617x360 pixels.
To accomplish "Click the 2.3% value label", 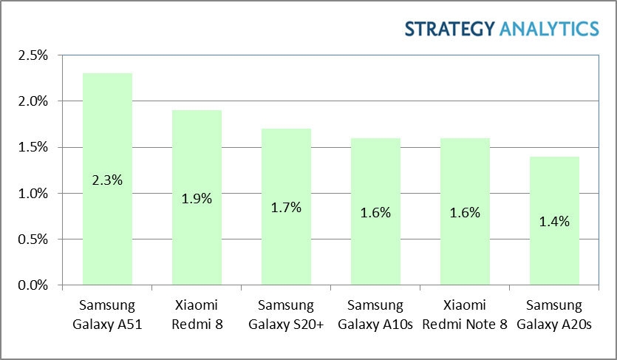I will click(107, 179).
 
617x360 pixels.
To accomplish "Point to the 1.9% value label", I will click(197, 198).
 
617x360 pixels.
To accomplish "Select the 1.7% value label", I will click(286, 207).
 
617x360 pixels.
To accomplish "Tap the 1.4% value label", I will click(554, 221).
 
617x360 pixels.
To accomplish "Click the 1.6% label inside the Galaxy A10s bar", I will click(375, 212).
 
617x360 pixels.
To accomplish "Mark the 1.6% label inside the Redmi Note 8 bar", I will click(465, 212).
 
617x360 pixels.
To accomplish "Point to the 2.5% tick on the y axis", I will click(33, 55).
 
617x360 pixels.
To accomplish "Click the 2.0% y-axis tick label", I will click(33, 101).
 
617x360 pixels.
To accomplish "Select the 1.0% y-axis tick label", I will click(33, 194).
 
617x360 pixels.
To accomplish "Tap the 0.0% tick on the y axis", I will click(33, 285).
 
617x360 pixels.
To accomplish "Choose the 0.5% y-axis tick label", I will click(33, 240).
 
